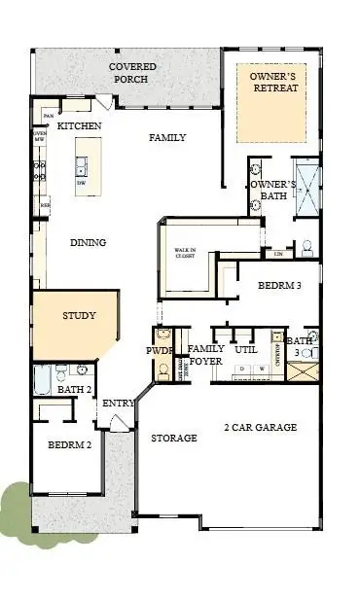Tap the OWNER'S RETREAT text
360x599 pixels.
(273, 82)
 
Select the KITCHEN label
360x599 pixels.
(79, 126)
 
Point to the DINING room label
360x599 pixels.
(88, 242)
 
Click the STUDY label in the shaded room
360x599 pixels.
(79, 316)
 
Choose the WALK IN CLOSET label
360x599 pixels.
(185, 256)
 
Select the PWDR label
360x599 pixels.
(159, 349)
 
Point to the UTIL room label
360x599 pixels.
(245, 348)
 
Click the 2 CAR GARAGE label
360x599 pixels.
(260, 427)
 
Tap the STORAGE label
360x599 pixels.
(174, 439)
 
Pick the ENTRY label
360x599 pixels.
(119, 403)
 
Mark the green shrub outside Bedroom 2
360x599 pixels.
(16, 506)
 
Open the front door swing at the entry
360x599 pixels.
(118, 422)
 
